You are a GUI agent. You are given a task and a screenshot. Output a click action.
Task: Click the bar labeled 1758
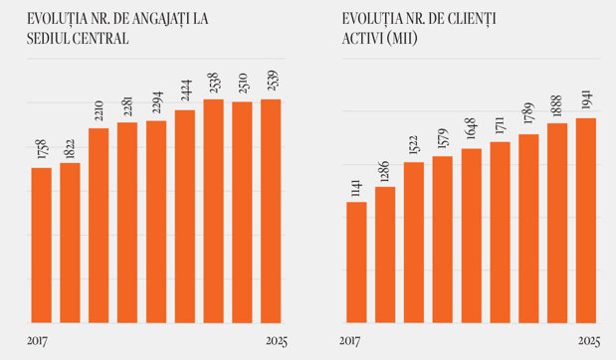point(41,246)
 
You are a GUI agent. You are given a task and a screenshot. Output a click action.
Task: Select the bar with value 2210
point(99,226)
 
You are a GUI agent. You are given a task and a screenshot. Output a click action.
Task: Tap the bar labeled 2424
point(185,217)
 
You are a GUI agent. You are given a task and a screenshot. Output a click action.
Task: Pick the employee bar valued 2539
point(271,211)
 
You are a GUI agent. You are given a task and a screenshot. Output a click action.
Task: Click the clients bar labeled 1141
point(356,263)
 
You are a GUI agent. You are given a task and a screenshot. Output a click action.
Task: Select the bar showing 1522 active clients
point(414,243)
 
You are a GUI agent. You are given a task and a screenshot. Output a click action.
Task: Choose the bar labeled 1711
point(501,233)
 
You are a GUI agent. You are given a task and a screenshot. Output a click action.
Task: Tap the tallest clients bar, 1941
point(586,221)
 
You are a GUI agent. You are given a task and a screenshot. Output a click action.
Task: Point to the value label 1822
point(70,149)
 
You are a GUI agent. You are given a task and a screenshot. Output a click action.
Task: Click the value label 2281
point(127,106)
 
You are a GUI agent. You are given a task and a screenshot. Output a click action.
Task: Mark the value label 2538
point(214,83)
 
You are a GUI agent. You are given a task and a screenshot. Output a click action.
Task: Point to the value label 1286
point(385,172)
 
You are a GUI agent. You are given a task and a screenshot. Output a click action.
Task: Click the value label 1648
point(472,128)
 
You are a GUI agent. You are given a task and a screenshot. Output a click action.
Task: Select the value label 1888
point(557,106)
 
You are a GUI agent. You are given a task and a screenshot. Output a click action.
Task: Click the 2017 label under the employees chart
point(38,341)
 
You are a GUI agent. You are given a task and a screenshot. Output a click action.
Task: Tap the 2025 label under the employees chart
point(277,341)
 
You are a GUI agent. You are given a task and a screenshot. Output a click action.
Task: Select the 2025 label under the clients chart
point(589,341)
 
